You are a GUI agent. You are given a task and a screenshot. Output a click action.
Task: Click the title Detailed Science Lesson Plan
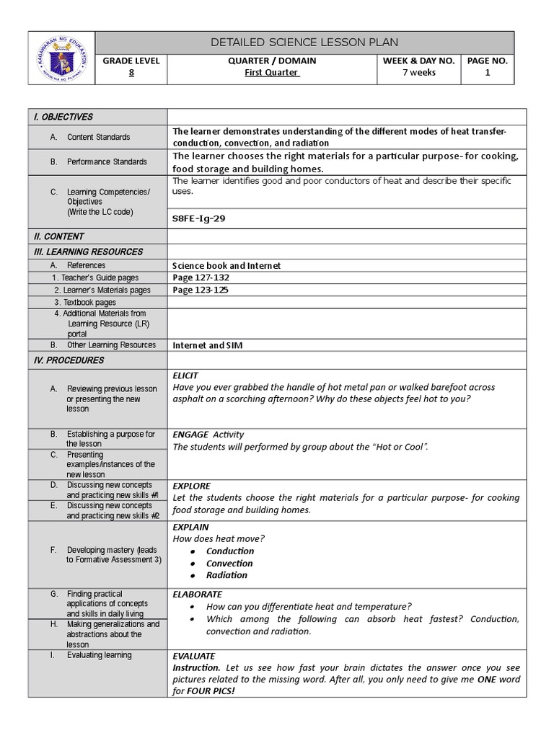coord(304,43)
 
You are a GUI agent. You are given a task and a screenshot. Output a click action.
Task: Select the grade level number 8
coord(131,73)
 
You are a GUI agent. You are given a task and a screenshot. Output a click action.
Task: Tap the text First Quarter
coord(272,73)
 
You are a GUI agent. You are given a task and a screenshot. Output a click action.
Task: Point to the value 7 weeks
coord(418,73)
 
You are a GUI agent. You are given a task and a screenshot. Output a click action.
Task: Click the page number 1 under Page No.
coord(488,73)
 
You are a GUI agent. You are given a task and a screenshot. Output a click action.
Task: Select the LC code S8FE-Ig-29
coord(198,218)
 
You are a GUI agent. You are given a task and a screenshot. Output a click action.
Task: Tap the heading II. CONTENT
coord(58,236)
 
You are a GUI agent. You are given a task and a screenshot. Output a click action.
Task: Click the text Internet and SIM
coord(207,345)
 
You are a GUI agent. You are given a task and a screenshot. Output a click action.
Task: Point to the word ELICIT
coord(185,375)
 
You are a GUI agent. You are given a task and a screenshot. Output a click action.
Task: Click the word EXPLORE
coord(191,486)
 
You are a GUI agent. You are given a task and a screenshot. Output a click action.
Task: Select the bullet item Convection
coord(229,564)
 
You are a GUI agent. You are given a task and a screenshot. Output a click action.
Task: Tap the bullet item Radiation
coord(227,575)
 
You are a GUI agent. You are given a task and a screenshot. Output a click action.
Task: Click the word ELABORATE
coord(197,595)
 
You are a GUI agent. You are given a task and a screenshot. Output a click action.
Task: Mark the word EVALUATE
coord(193,656)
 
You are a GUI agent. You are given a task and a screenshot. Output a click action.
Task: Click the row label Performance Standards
coord(107,162)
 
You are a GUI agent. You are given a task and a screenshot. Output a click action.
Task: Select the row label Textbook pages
coord(89,303)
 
